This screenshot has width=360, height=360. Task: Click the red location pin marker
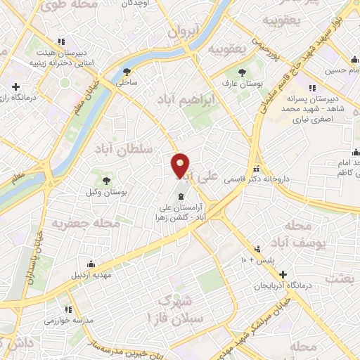181,165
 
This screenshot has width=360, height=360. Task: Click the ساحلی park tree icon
127,71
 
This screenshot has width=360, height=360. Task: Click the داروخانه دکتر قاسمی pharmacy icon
257,169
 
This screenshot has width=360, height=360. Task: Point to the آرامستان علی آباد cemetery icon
182,195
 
